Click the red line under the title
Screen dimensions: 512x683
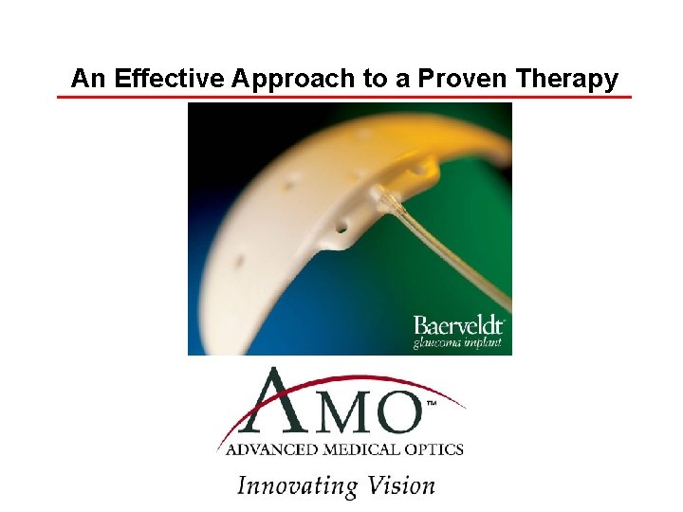coord(343,96)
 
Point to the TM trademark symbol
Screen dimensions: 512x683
coord(432,404)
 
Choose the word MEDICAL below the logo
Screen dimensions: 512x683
coord(358,448)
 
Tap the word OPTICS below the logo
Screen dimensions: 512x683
coord(433,448)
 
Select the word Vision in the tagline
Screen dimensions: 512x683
coord(397,485)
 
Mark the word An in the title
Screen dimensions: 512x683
coord(88,79)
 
